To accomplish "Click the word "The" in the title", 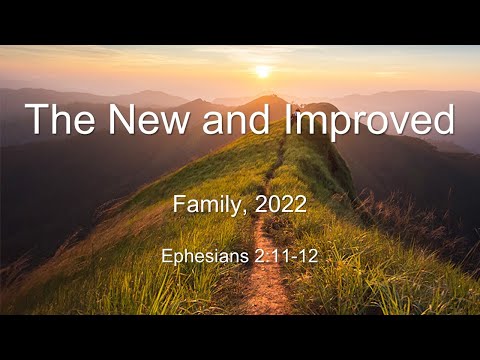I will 62,120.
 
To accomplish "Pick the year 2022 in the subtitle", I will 280,206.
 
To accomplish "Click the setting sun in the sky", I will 263,71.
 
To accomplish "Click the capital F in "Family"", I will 179,206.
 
